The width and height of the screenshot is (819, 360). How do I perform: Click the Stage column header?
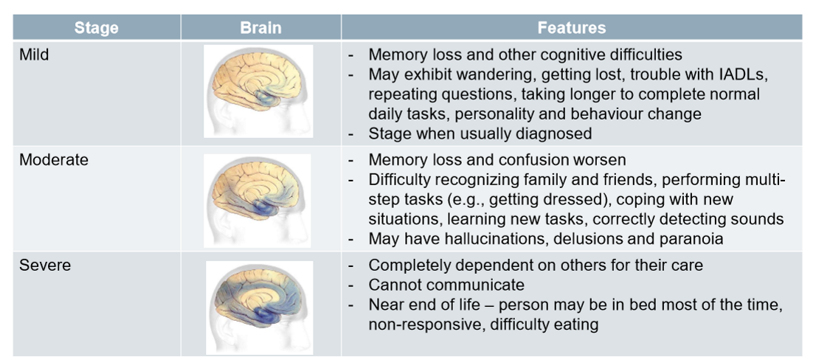(96, 28)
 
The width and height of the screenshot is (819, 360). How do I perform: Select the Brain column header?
(260, 28)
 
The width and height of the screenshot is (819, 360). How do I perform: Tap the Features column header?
(571, 28)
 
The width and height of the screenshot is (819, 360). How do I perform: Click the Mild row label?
(34, 54)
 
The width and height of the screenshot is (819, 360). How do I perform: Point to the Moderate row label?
(53, 160)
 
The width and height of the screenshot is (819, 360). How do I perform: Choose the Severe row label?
(45, 265)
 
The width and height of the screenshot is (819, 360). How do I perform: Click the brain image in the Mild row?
(258, 91)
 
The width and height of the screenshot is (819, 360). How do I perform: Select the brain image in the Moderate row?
(258, 197)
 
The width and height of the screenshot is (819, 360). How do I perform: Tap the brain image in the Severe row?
(258, 302)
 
